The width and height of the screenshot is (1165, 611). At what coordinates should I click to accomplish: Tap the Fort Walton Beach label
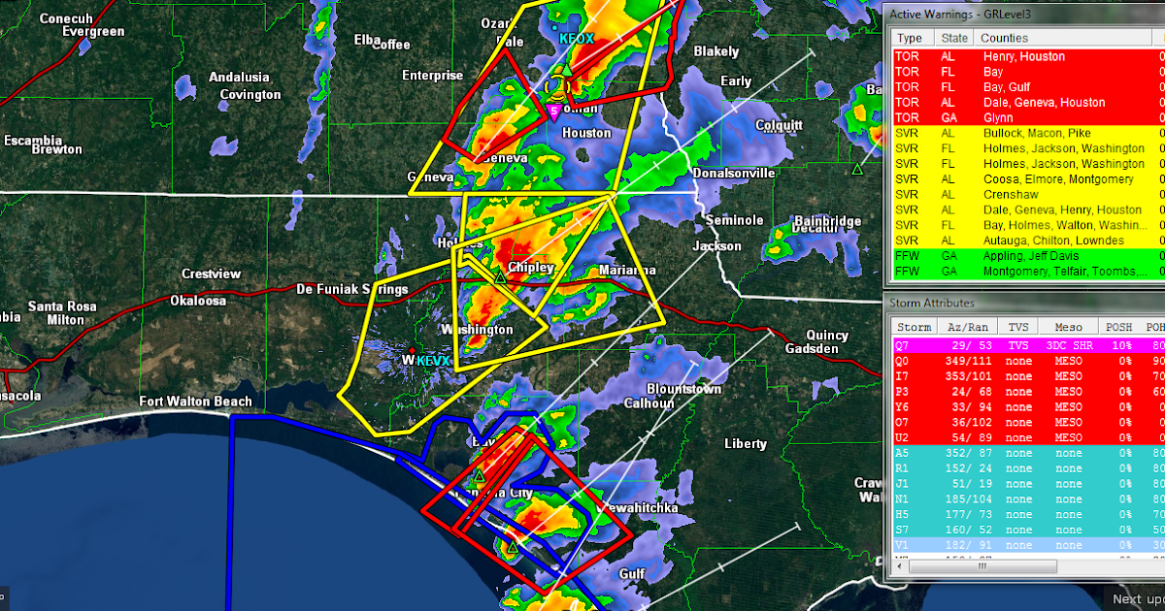(195, 402)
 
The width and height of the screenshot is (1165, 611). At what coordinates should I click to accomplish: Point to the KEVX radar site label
(433, 362)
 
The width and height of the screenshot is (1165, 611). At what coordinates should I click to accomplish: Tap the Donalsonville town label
(734, 173)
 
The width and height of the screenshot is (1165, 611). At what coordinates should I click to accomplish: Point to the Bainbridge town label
(827, 221)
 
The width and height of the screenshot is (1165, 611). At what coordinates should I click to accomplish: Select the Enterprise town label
(433, 76)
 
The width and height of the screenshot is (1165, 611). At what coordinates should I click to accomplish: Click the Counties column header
(1004, 37)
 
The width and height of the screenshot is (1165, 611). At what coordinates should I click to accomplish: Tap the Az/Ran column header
(971, 327)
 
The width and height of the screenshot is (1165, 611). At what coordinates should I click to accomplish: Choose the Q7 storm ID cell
(902, 345)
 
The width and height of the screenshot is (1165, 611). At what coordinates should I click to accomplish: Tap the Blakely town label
(716, 51)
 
